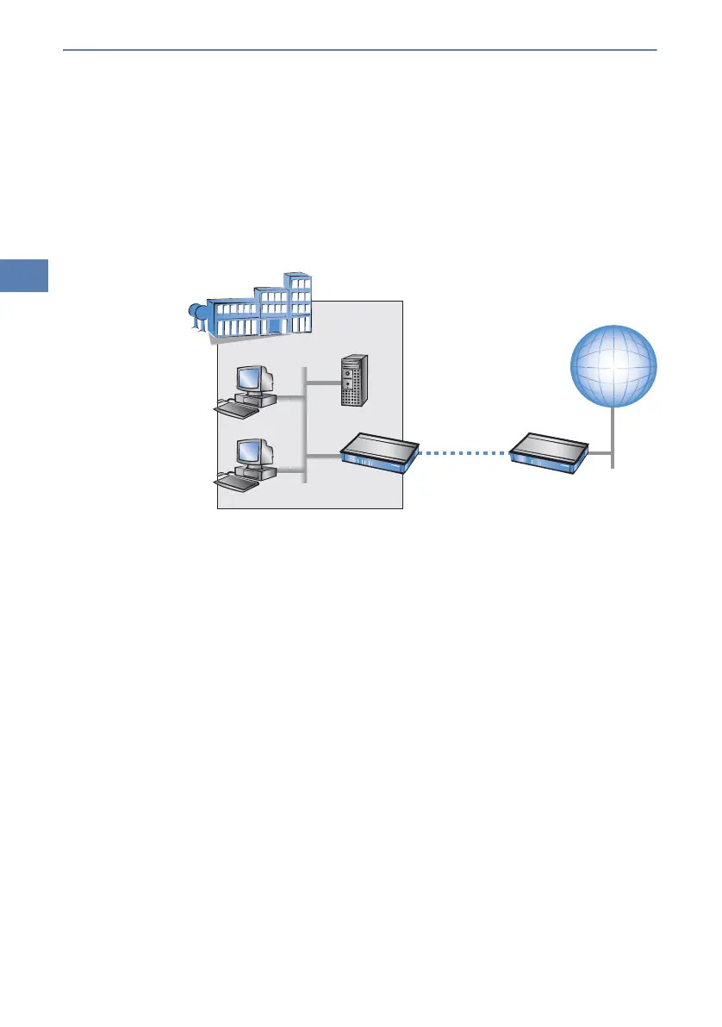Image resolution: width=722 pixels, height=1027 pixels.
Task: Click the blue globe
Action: tap(614, 365)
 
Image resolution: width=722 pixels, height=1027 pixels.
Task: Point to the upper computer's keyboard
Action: tap(236, 410)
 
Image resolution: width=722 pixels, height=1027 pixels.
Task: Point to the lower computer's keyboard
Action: tap(236, 483)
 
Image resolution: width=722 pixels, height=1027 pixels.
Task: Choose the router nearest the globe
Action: tap(548, 451)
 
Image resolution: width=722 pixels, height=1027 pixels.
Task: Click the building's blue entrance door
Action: tap(274, 325)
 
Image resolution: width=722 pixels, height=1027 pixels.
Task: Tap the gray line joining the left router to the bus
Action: tap(322, 456)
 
